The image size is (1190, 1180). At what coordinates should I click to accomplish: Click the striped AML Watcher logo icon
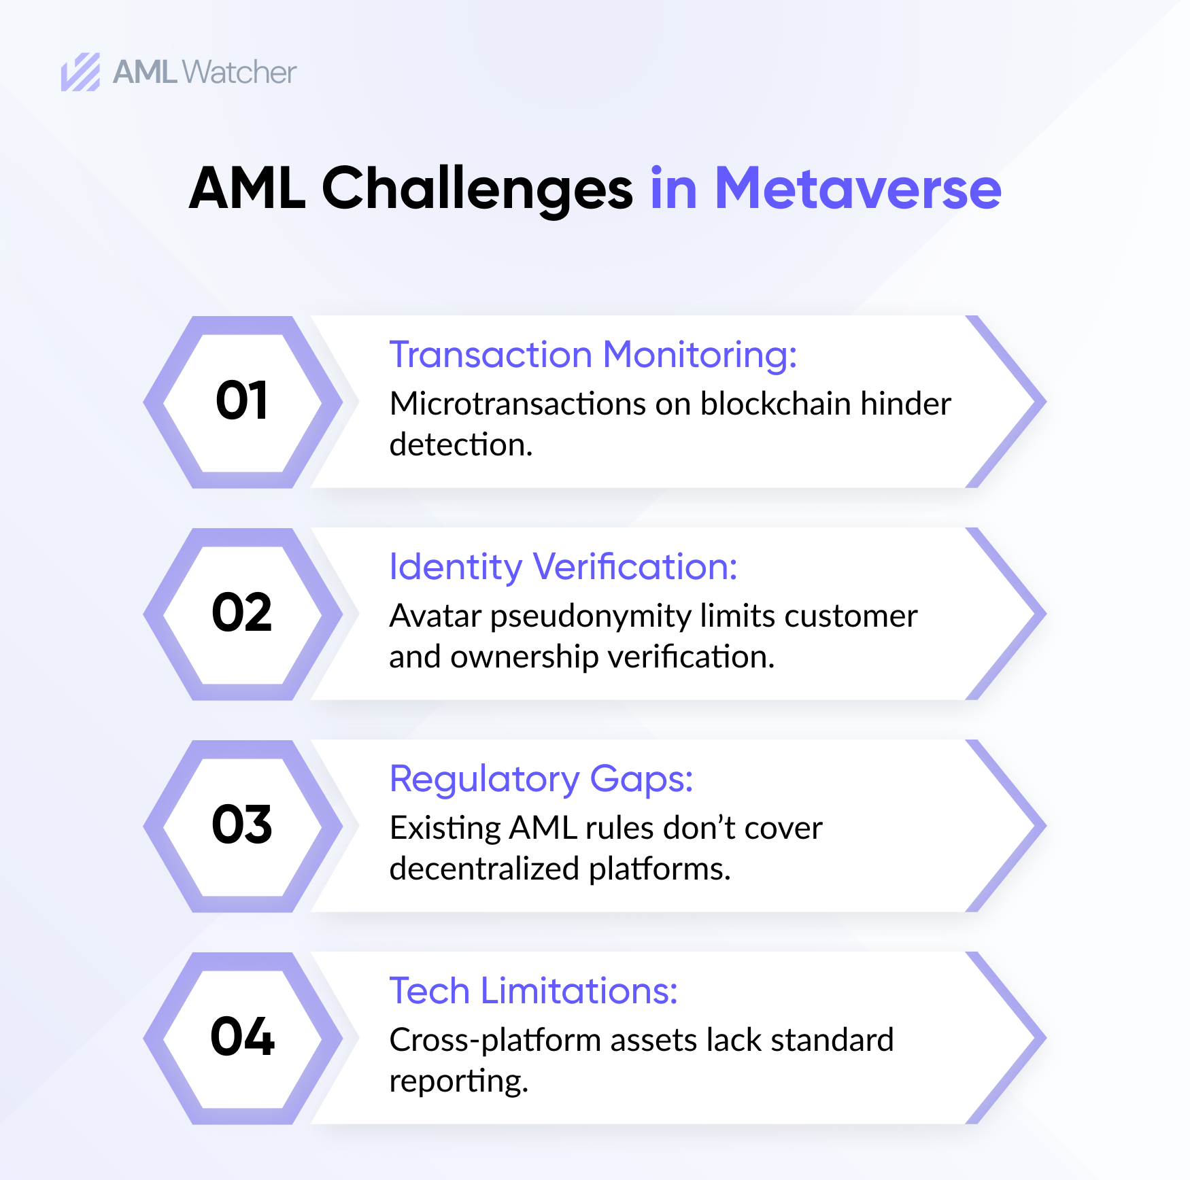(80, 72)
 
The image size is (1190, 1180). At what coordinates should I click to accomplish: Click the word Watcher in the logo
(239, 72)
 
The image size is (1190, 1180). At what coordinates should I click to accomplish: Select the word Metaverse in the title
(857, 189)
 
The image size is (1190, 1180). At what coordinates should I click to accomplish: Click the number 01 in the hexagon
(242, 401)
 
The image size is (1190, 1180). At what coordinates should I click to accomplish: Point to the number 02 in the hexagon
(242, 613)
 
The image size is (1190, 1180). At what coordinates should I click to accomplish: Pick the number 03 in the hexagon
(242, 825)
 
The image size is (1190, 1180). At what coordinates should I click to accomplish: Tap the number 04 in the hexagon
(242, 1037)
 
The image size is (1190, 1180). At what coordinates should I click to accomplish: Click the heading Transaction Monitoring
(592, 355)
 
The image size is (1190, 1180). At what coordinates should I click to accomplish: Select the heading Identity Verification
(563, 567)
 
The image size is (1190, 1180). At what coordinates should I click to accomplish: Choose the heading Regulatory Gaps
(541, 779)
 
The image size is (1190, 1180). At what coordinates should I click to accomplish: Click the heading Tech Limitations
(533, 991)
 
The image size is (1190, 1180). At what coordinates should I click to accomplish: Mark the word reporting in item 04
(458, 1081)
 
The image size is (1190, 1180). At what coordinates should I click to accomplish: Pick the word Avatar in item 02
(435, 616)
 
